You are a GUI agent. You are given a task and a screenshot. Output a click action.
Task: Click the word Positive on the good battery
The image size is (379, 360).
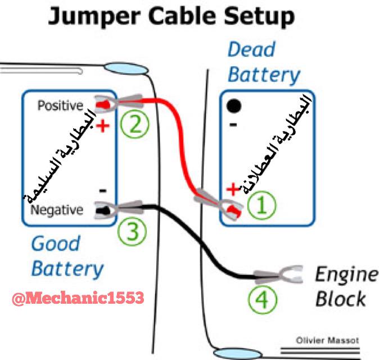pos(60,106)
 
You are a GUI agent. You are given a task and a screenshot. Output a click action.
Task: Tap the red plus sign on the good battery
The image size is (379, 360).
pos(102,125)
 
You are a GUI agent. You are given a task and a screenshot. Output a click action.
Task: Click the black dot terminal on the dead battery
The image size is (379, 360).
pos(234,105)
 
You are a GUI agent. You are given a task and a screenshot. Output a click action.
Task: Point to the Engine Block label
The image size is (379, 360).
pos(345,286)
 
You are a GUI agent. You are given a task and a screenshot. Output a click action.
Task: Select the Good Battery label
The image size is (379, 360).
pos(66,256)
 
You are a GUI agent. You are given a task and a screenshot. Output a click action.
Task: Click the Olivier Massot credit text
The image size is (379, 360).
pos(327,340)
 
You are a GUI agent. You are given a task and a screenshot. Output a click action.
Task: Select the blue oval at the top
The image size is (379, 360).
pos(127,69)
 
